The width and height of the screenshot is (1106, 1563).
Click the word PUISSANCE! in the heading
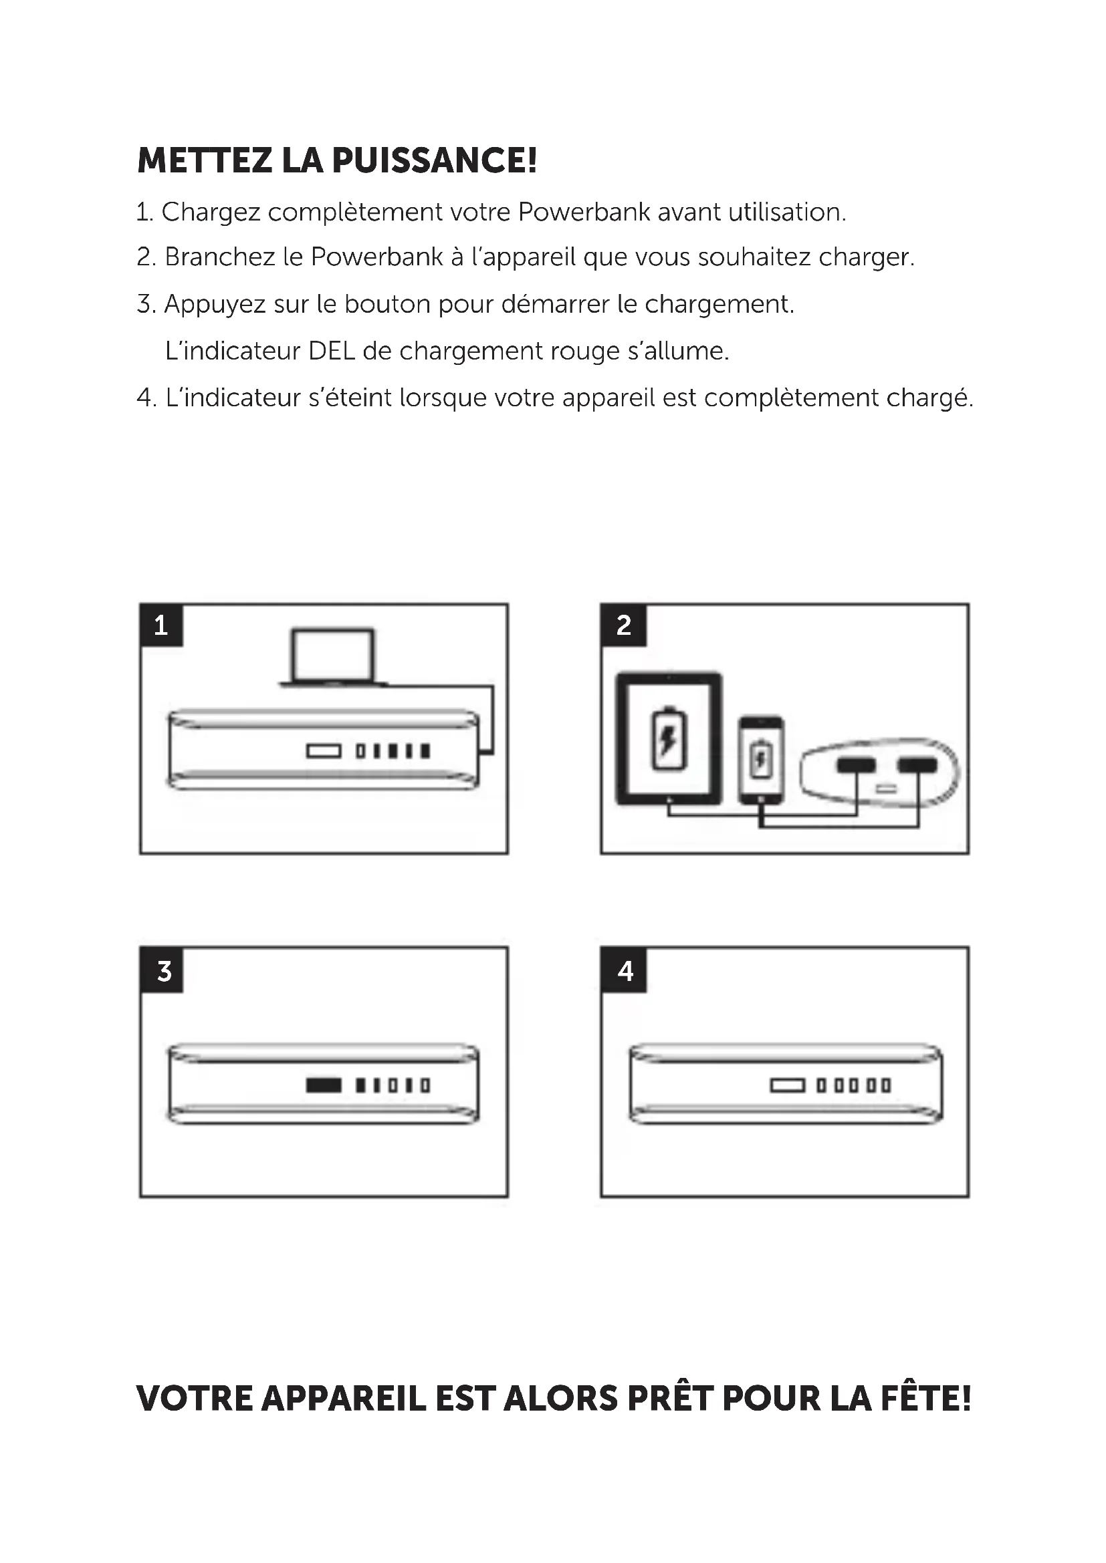(434, 160)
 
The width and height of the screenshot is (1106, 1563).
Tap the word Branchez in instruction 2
(220, 257)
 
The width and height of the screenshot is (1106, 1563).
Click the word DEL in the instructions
(331, 351)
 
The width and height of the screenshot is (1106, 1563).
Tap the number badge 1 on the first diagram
(161, 625)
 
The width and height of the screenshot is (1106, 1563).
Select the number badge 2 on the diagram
(623, 625)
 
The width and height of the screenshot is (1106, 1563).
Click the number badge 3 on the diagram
(162, 971)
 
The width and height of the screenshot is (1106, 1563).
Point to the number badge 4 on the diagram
(625, 971)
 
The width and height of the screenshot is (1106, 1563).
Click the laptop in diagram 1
(332, 658)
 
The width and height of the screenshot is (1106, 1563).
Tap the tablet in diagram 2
(669, 738)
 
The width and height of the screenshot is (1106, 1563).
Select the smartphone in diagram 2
(761, 758)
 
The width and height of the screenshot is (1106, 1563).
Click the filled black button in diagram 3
(324, 1085)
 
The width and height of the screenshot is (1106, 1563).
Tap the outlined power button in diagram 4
(787, 1085)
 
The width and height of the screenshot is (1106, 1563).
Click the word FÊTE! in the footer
(925, 1397)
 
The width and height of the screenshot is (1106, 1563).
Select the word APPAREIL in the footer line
(344, 1398)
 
